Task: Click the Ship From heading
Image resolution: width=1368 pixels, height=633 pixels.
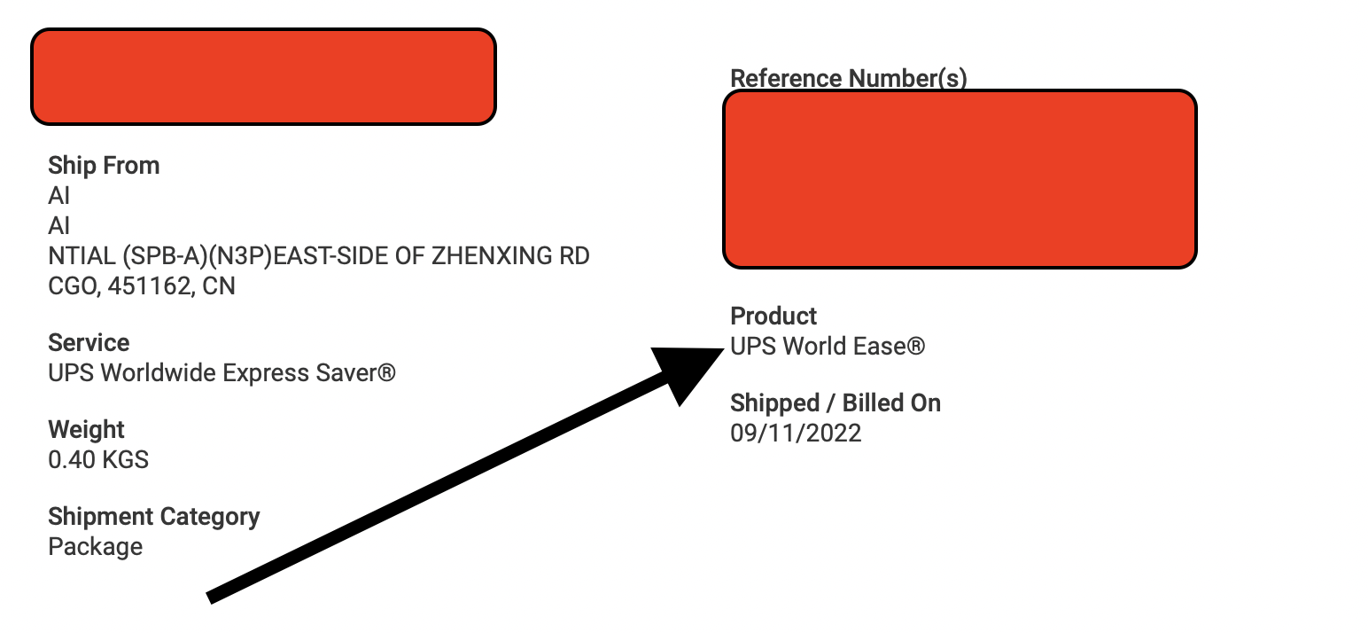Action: tap(104, 166)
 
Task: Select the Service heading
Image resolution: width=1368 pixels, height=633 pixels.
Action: tap(89, 343)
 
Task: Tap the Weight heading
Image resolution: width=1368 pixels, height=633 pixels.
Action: tap(86, 430)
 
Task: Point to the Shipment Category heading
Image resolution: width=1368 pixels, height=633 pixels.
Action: tap(154, 517)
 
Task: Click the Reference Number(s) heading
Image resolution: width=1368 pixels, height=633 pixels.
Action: tap(848, 78)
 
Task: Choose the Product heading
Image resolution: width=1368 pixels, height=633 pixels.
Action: tap(773, 316)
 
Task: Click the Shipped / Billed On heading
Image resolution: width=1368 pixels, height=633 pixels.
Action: tap(836, 403)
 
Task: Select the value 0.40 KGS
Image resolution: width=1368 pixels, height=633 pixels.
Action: tap(98, 460)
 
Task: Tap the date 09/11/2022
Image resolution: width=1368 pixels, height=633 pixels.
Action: tap(796, 434)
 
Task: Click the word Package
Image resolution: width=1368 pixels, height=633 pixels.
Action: tap(96, 547)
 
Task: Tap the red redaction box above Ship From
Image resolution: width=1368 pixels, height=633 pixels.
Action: tap(263, 76)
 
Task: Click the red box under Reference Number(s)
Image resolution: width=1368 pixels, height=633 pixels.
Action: tap(960, 178)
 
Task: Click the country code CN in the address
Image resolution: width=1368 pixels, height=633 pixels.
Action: tap(220, 287)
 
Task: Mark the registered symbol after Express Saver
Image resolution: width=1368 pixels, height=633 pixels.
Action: tap(386, 373)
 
